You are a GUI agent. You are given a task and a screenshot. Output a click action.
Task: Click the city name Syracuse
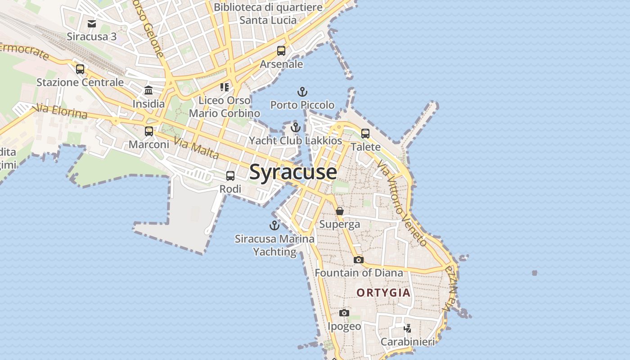tap(293, 172)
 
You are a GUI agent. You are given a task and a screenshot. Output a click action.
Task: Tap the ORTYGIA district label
tap(383, 293)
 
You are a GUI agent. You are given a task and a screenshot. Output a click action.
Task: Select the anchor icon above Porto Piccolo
tap(302, 92)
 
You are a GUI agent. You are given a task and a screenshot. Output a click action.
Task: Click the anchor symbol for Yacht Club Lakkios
tap(295, 127)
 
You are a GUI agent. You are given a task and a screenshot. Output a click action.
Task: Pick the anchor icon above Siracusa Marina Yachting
tap(274, 225)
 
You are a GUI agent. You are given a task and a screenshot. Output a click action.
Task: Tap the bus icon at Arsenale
tap(281, 51)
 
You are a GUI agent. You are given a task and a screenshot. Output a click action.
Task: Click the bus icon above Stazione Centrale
tap(80, 69)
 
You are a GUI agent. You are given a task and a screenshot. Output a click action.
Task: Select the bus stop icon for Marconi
tap(149, 131)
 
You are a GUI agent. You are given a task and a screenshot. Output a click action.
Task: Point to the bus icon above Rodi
tap(230, 176)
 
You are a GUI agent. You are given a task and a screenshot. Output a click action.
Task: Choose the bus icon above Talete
tap(365, 134)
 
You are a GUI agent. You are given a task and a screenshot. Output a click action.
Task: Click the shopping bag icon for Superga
tap(340, 211)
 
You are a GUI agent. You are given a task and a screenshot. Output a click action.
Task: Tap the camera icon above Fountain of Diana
tap(358, 260)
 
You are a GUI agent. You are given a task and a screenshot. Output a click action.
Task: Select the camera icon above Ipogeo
tap(344, 313)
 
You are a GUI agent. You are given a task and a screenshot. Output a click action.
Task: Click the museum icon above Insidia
tap(148, 90)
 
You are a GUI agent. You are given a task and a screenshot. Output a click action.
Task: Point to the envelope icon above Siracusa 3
tap(92, 23)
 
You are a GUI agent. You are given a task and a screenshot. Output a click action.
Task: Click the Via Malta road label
tap(196, 149)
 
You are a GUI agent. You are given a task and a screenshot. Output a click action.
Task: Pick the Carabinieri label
tap(408, 342)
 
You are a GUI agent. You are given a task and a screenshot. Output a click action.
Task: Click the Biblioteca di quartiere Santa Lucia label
tap(268, 13)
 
